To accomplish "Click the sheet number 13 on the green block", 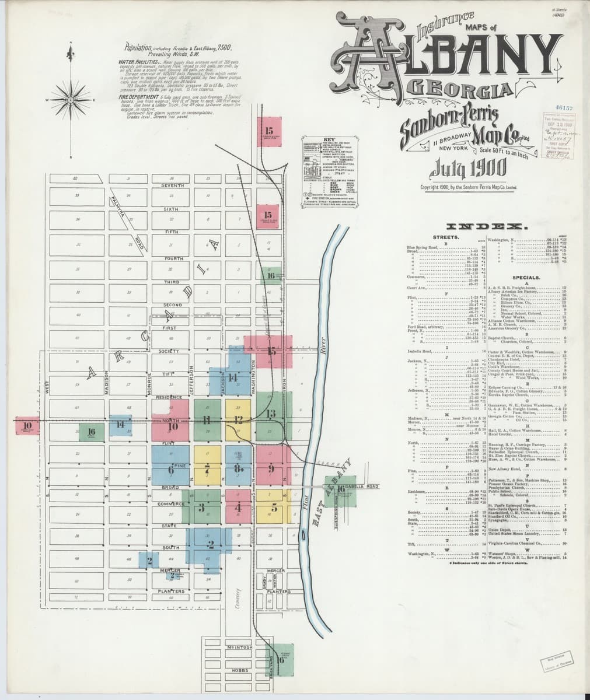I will click(271, 414).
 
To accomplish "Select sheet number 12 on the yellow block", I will click(238, 419).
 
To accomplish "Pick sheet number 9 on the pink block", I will click(271, 468).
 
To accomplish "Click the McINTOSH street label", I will click(240, 648).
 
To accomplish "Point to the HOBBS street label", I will click(240, 671).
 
